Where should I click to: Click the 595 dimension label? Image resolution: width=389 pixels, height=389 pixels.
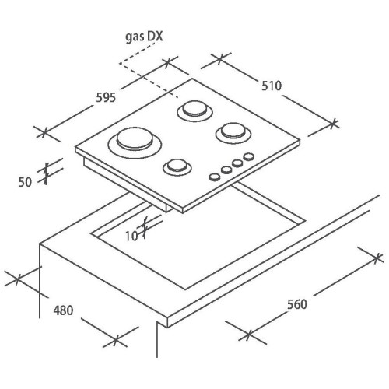[106, 98]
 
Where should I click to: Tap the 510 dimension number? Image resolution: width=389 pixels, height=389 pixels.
[272, 86]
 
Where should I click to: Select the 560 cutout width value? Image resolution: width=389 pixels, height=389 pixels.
[297, 304]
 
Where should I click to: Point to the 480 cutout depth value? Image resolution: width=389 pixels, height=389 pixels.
[63, 310]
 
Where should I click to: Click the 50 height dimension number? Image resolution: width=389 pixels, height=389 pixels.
[25, 182]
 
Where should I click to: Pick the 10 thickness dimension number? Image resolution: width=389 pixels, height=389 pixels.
[131, 237]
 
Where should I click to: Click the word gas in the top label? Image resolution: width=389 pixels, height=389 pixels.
[135, 37]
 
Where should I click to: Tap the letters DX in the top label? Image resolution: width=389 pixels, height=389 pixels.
[155, 37]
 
